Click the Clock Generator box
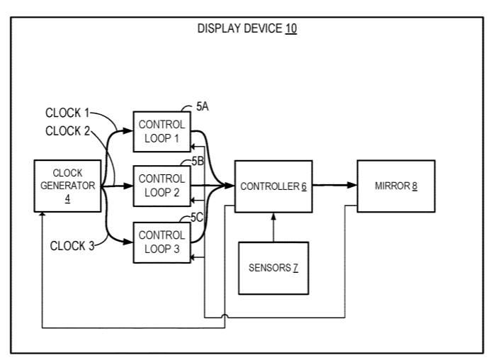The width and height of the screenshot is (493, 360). pyautogui.click(x=67, y=186)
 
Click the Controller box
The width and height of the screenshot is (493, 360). pyautogui.click(x=273, y=186)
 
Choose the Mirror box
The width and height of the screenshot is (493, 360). pyautogui.click(x=395, y=186)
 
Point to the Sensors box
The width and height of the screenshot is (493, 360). pyautogui.click(x=273, y=268)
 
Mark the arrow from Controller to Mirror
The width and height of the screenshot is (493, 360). pyautogui.click(x=333, y=186)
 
